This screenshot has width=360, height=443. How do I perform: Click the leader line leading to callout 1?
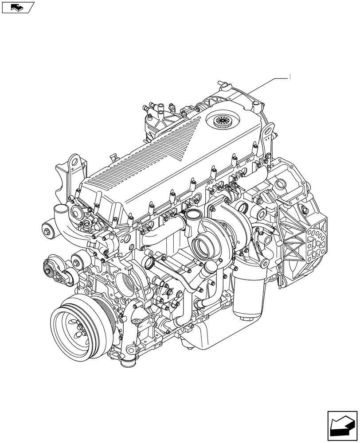[266, 84]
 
